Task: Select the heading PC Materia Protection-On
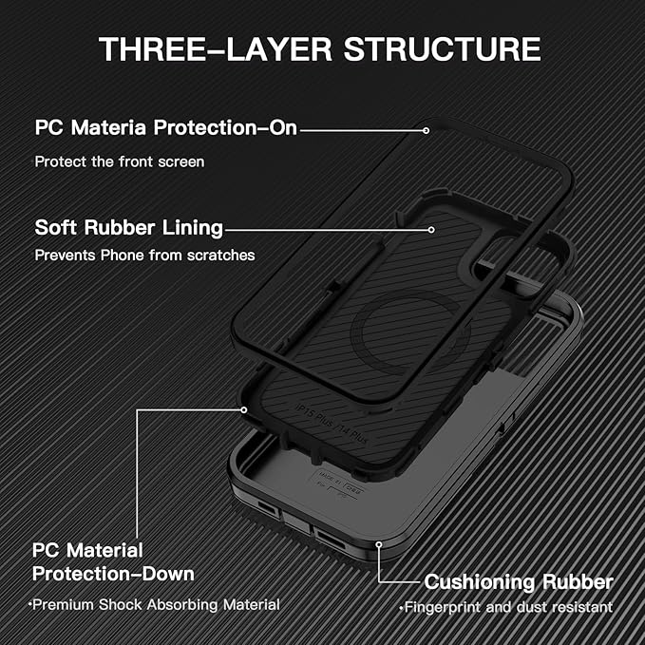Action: point(166,127)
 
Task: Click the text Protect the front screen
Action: point(120,161)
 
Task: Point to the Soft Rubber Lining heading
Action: point(129,228)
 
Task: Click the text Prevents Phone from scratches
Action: point(144,256)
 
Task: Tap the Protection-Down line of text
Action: point(113,574)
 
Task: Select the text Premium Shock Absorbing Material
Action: point(155,604)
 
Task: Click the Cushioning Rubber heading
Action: point(519,581)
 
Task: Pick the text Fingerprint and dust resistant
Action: point(507,607)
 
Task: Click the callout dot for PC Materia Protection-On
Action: point(427,129)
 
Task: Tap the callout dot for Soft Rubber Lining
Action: point(432,228)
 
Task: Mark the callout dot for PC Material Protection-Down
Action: point(244,409)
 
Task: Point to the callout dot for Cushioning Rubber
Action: point(379,544)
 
